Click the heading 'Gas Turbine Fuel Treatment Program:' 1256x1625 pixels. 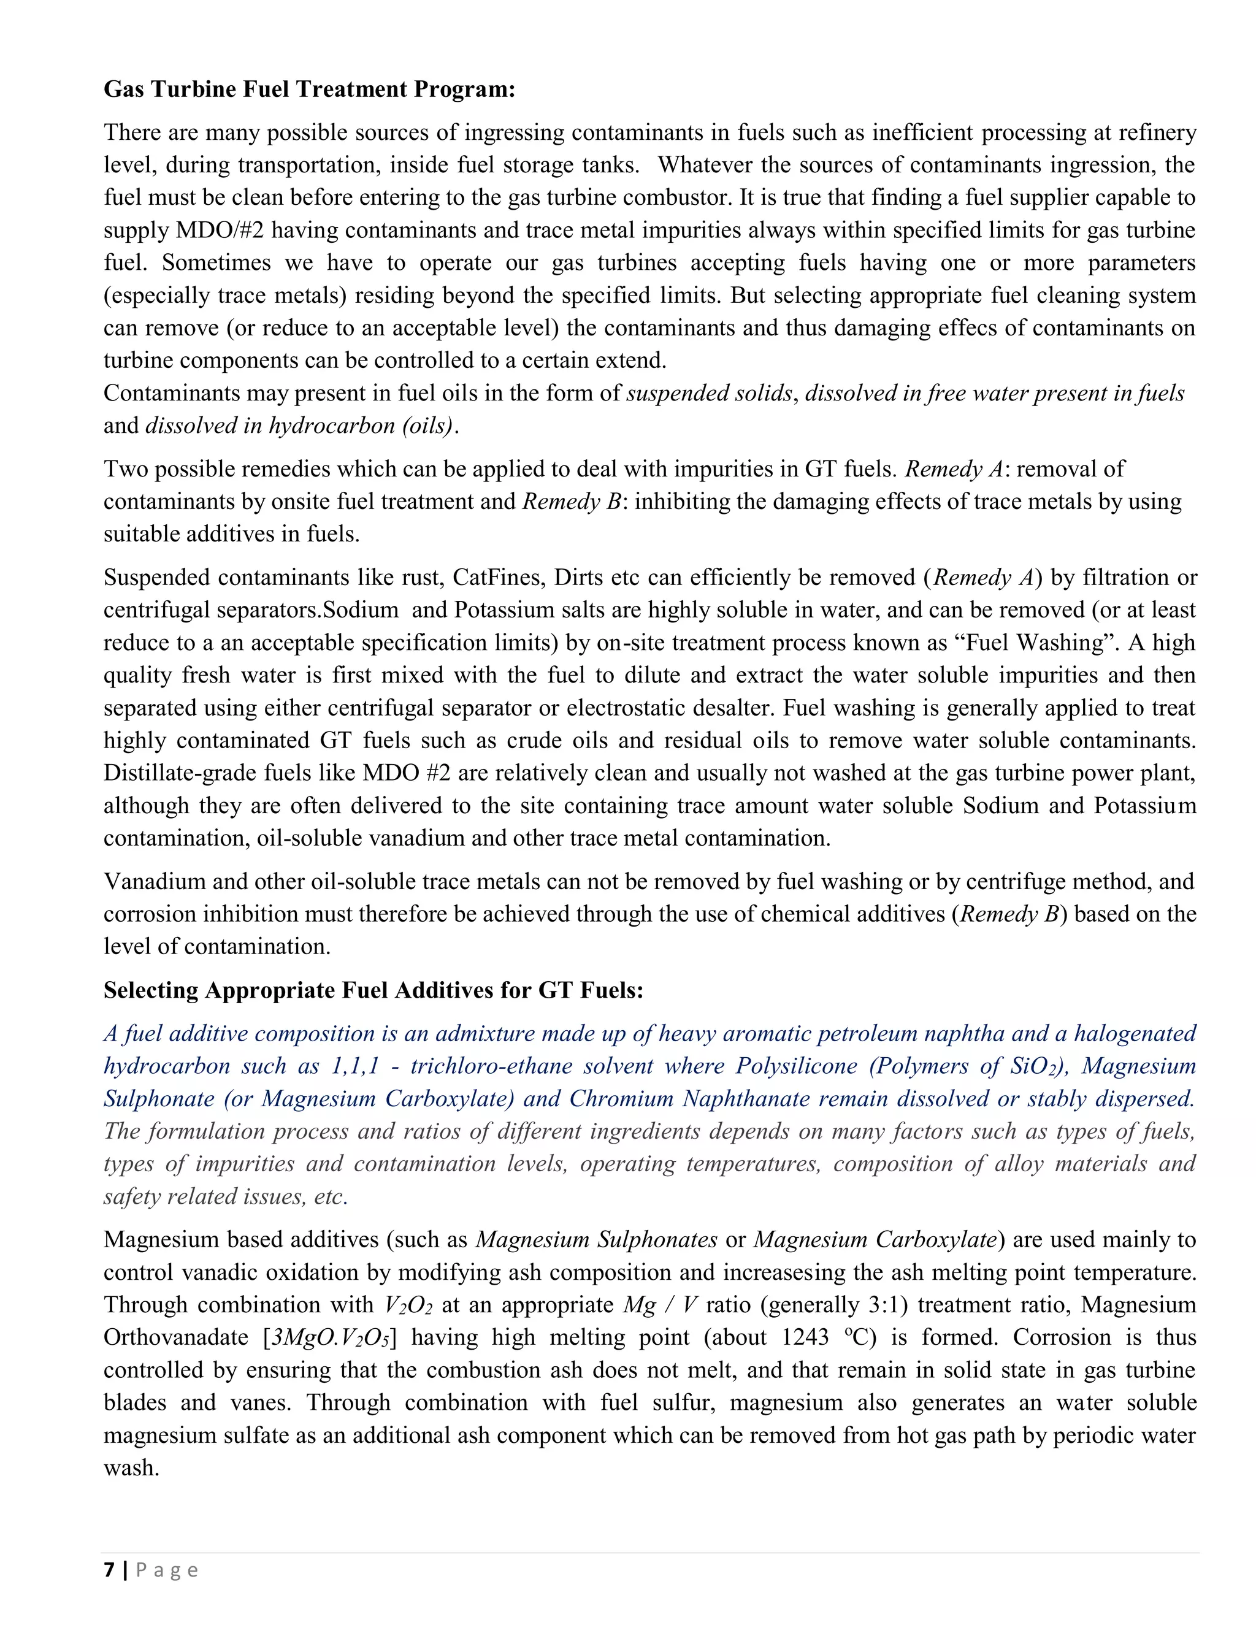coord(309,90)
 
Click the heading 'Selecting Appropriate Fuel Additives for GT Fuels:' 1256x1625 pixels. coord(373,990)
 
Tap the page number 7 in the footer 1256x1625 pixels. coord(109,1570)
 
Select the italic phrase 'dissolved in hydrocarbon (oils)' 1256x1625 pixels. coord(299,426)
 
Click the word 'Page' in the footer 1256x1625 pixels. coord(167,1570)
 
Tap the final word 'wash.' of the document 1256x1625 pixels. coord(132,1467)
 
